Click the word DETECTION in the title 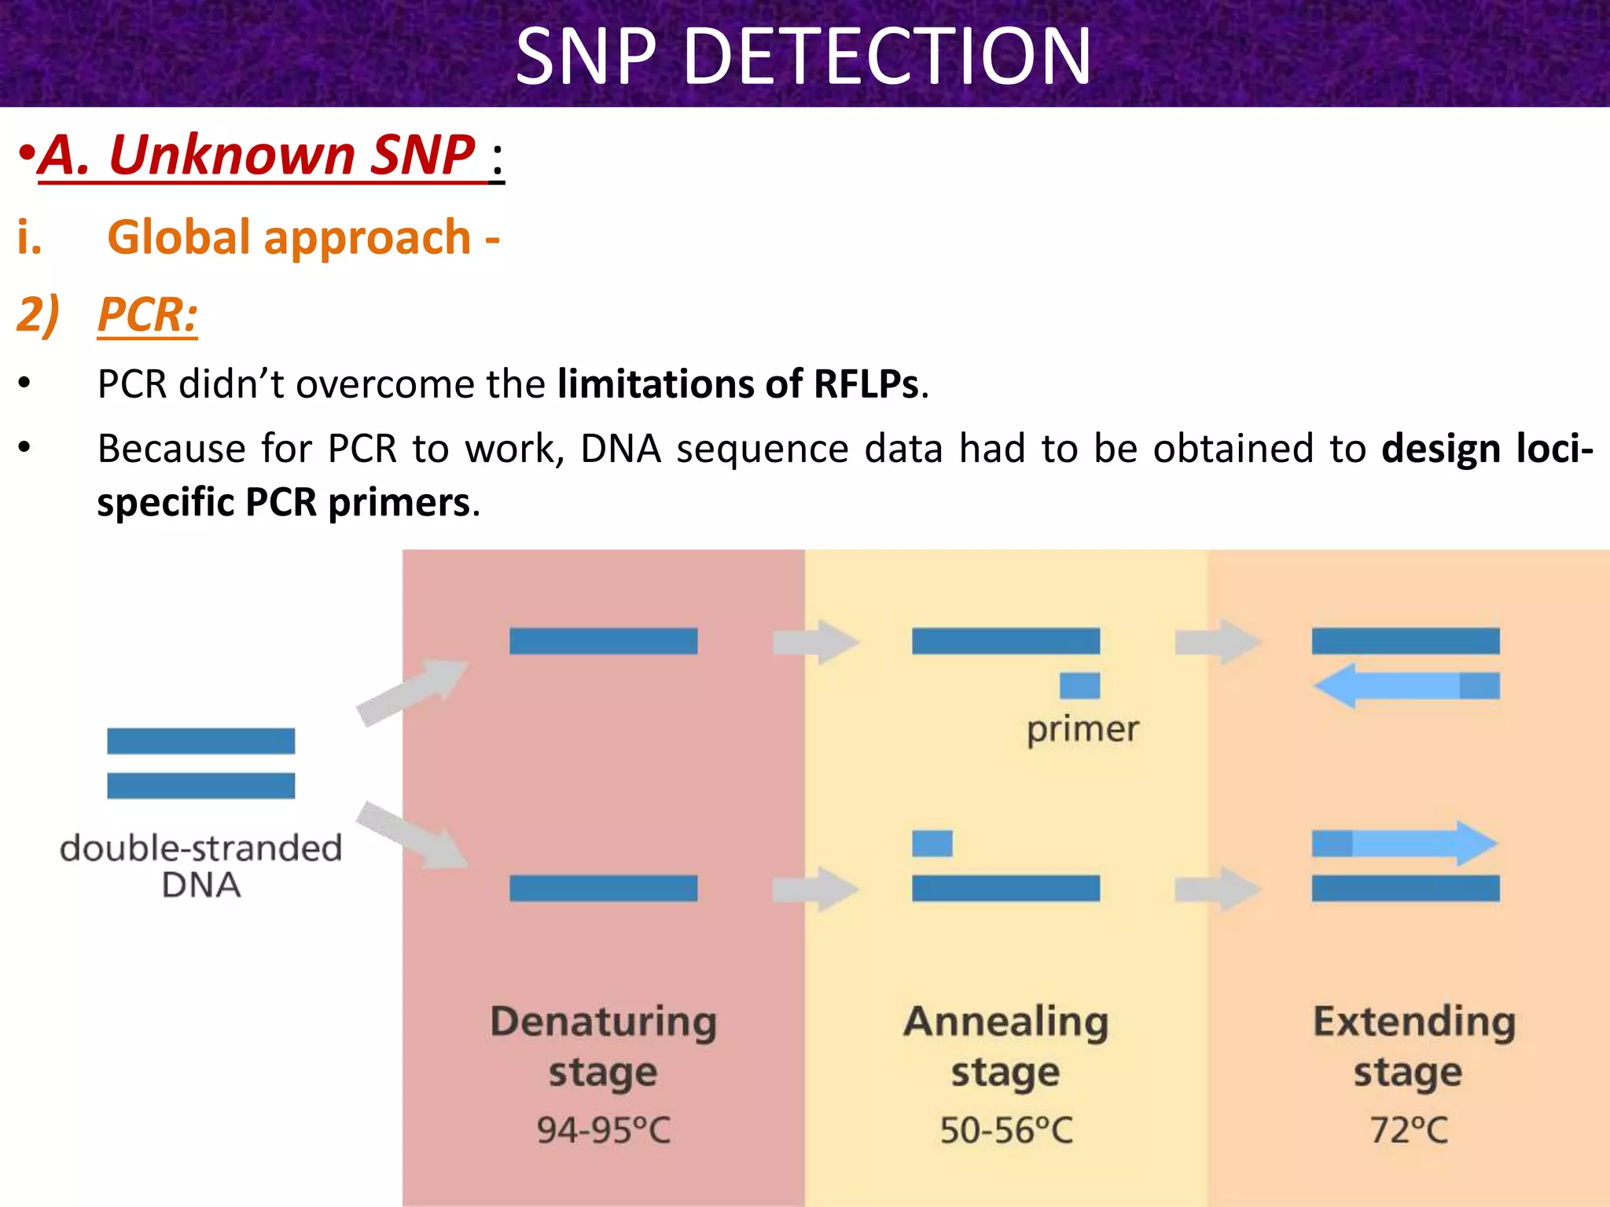[x=887, y=57]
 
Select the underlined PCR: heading [x=147, y=315]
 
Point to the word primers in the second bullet [x=399, y=503]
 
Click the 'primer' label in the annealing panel [x=1082, y=730]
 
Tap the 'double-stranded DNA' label [x=201, y=866]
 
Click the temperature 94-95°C [x=603, y=1130]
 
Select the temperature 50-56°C [x=1005, y=1130]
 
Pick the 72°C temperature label [x=1408, y=1130]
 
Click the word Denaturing [x=603, y=1022]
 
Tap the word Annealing [x=1005, y=1022]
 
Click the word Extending [x=1413, y=1022]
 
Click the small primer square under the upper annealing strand [x=1079, y=686]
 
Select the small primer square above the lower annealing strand [x=932, y=844]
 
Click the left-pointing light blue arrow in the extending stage [x=1391, y=686]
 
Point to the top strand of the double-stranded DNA [x=201, y=741]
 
